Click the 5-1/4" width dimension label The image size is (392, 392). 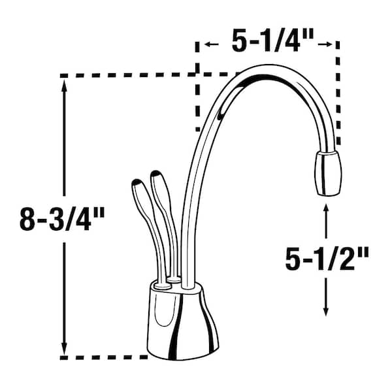point(267,44)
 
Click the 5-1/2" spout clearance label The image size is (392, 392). point(327,261)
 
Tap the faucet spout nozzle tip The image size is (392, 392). point(327,173)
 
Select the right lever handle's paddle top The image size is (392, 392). point(157,180)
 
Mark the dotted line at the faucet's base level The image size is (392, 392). point(105,357)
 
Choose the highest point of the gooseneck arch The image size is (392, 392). point(261,67)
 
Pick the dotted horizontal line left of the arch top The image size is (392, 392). point(131,75)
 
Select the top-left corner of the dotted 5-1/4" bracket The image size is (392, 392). point(198,44)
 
